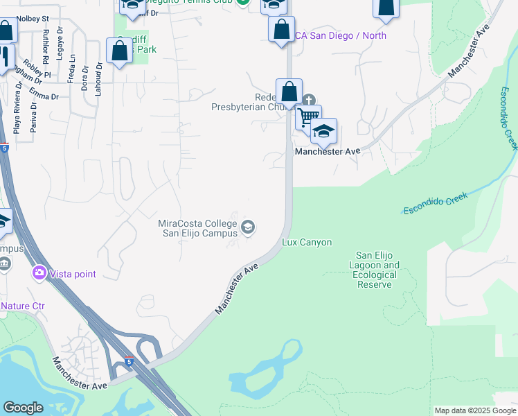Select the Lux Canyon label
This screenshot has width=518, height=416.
pyautogui.click(x=307, y=243)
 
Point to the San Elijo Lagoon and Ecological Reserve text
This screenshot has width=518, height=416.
pyautogui.click(x=377, y=270)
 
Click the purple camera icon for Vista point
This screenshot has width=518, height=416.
pyautogui.click(x=39, y=273)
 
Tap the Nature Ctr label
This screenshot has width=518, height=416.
pyautogui.click(x=21, y=305)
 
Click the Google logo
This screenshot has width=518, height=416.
pyautogui.click(x=23, y=408)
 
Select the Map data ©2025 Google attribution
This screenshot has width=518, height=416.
pyautogui.click(x=474, y=410)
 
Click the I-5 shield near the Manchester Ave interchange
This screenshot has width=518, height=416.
pyautogui.click(x=129, y=362)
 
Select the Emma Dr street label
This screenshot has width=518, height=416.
pyautogui.click(x=43, y=94)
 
